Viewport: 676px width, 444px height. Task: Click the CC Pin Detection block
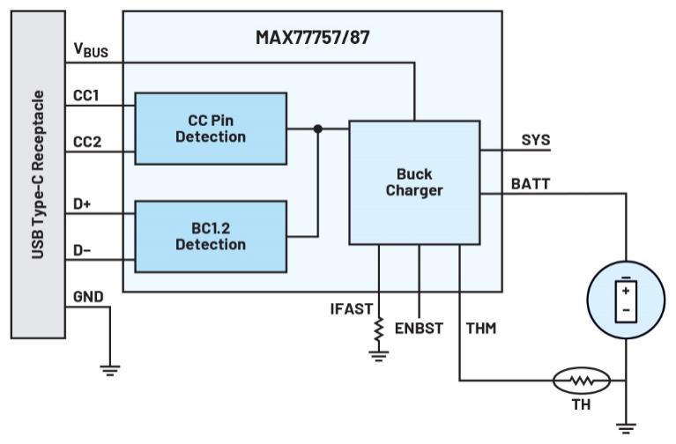[x=211, y=128]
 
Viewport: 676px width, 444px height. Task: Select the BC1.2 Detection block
[x=211, y=235]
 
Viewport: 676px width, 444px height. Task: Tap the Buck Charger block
[x=414, y=181]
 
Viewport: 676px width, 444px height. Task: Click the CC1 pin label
[x=85, y=95]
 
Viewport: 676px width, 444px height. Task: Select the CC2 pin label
[x=85, y=141]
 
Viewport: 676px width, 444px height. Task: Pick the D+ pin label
[x=82, y=204]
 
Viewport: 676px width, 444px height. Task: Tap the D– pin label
[x=82, y=250]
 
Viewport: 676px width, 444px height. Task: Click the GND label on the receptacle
[x=88, y=297]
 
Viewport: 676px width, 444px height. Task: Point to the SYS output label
[x=535, y=139]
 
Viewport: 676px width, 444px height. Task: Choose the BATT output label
[x=531, y=183]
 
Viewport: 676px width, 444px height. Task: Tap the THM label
[x=480, y=329]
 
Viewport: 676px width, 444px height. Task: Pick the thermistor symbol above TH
[x=581, y=381]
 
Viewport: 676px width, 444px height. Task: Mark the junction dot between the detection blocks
[x=318, y=129]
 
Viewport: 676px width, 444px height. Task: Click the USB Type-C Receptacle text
[x=38, y=174]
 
